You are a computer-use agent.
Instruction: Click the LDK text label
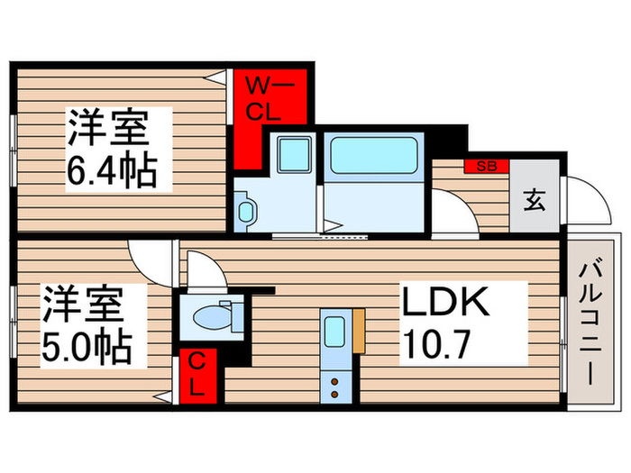(445, 304)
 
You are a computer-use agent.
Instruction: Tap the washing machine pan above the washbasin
(290, 154)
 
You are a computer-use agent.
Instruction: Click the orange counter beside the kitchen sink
(359, 331)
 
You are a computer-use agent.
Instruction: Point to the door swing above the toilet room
(200, 268)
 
